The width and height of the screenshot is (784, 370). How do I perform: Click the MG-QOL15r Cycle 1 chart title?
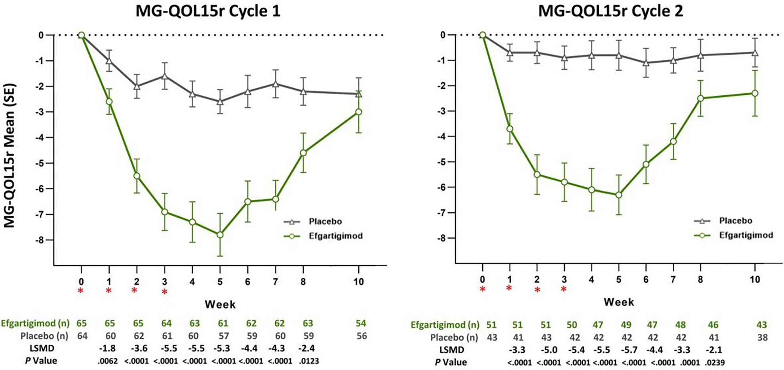[208, 11]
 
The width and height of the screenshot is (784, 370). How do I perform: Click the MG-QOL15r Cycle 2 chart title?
[611, 11]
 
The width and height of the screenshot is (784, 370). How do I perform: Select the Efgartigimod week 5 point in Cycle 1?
[220, 235]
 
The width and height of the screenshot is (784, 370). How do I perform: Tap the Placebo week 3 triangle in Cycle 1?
[165, 76]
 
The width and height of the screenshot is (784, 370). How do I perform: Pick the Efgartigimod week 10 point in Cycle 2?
[755, 93]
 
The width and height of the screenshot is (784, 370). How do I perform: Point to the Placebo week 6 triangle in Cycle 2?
[646, 63]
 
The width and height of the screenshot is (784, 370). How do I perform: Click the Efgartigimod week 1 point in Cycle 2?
[510, 129]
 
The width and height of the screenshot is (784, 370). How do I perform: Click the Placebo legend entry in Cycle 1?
[313, 222]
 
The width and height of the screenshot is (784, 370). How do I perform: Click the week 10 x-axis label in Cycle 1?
[358, 282]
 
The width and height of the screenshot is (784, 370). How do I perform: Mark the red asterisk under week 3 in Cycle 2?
[563, 290]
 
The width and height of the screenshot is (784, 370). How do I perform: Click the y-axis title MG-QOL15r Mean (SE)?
[10, 155]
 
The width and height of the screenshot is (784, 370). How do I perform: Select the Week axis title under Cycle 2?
[619, 302]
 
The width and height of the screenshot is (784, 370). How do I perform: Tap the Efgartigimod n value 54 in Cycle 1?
[361, 323]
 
